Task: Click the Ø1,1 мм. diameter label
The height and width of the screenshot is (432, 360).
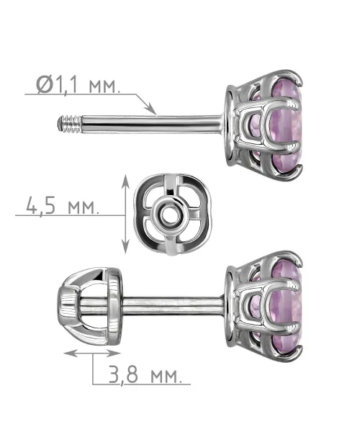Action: [78, 84]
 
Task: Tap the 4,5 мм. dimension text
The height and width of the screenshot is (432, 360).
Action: [62, 205]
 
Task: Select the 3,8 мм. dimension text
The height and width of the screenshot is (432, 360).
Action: [145, 374]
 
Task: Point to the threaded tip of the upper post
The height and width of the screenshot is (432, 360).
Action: [69, 125]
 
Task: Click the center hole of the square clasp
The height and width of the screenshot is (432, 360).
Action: [168, 215]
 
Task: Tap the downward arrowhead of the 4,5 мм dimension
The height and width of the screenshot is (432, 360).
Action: [125, 246]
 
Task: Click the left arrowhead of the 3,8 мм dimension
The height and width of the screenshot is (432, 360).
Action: [71, 354]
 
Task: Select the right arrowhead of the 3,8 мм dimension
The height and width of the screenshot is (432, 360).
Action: [114, 354]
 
